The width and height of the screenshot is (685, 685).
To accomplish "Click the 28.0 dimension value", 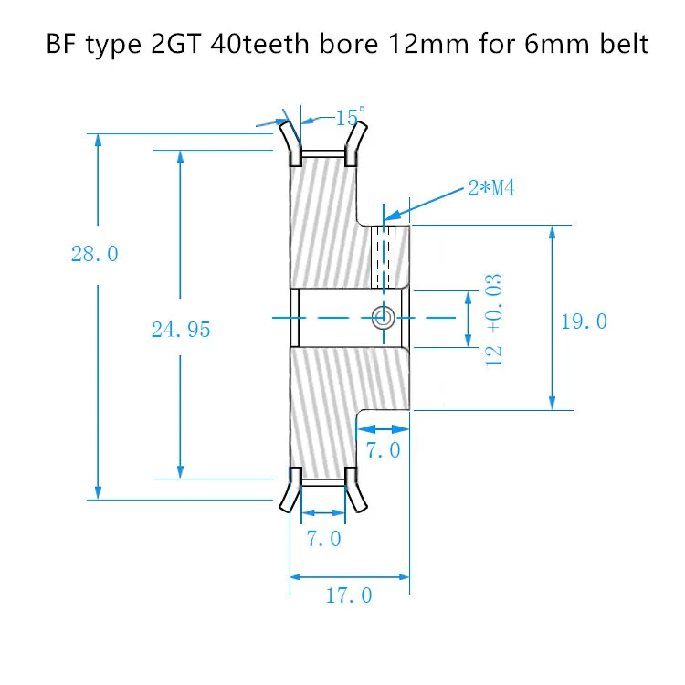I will pos(95,254).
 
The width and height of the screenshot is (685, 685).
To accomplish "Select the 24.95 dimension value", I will pos(181,330).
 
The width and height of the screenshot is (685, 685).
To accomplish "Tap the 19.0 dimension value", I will pos(585,321).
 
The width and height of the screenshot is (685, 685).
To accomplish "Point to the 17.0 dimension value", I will pos(349,595).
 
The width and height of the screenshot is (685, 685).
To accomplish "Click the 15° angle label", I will pos(348,118).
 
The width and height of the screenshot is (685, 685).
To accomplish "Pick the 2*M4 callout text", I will pos(492,189).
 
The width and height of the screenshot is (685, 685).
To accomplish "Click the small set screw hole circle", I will pos(383,317).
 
